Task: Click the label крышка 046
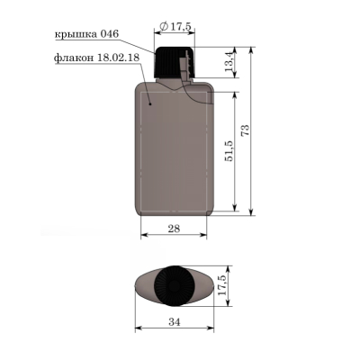pos(86,33)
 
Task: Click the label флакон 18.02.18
pos(96,58)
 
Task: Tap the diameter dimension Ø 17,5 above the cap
pos(175,26)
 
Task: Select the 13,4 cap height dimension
pos(229,61)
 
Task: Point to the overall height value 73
pos(245,130)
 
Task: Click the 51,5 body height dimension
pos(229,151)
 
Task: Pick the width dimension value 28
pos(174,229)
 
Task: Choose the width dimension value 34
pos(175,322)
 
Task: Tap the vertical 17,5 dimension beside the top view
pos(222,285)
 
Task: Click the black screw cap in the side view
pos(175,62)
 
